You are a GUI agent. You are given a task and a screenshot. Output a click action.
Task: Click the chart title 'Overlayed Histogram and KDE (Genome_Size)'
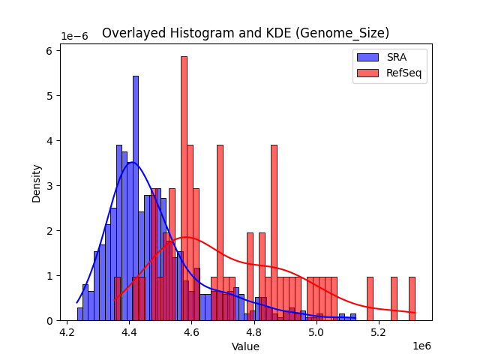pyautogui.click(x=245, y=33)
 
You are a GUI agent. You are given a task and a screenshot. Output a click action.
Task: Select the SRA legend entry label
pyautogui.click(x=397, y=56)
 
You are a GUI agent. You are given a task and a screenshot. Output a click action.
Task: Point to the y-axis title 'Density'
pyautogui.click(x=36, y=182)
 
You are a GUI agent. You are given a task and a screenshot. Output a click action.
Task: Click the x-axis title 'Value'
pyautogui.click(x=245, y=346)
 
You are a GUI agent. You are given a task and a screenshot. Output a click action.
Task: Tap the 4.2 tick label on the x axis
pyautogui.click(x=67, y=331)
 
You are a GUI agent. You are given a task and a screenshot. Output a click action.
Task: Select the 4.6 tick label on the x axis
pyautogui.click(x=192, y=331)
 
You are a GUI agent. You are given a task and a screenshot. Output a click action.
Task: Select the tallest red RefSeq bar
pyautogui.click(x=184, y=187)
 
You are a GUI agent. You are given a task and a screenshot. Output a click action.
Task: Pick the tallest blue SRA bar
pyautogui.click(x=136, y=199)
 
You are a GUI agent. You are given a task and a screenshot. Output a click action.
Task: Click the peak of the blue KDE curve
pyautogui.click(x=132, y=162)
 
